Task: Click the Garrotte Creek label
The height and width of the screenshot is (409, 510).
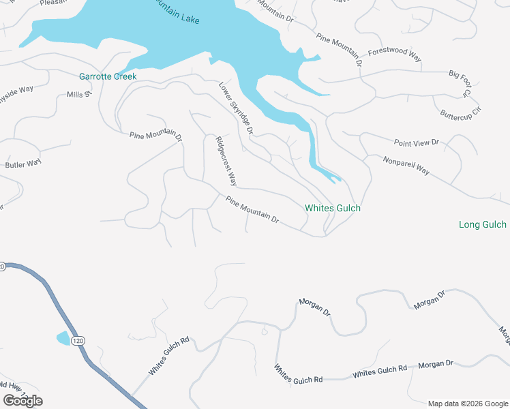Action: [108, 76]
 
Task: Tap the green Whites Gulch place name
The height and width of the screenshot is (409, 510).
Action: [332, 208]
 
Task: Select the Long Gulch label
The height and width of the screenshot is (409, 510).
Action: [483, 224]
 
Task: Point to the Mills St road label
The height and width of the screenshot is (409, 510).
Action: [78, 95]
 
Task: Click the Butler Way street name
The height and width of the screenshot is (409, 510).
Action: [23, 164]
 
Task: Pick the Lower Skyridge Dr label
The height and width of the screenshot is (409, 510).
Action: [236, 108]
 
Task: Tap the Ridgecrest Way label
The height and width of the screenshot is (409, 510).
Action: [226, 162]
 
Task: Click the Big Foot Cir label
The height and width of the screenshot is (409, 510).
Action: [460, 82]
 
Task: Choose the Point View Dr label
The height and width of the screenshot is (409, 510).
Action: [417, 142]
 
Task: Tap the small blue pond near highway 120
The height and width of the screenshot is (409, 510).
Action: [63, 337]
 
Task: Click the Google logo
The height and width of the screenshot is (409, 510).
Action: [22, 401]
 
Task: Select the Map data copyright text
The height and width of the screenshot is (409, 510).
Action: [468, 404]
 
